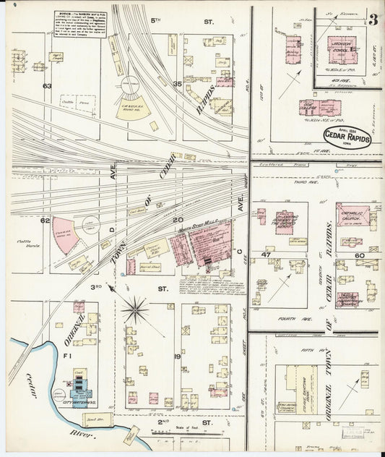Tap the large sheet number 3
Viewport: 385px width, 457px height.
point(373,20)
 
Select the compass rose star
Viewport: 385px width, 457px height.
point(135,311)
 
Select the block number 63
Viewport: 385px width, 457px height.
point(48,86)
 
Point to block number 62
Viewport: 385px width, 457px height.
point(45,220)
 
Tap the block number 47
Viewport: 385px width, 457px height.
point(266,255)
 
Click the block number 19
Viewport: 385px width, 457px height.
point(176,356)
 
